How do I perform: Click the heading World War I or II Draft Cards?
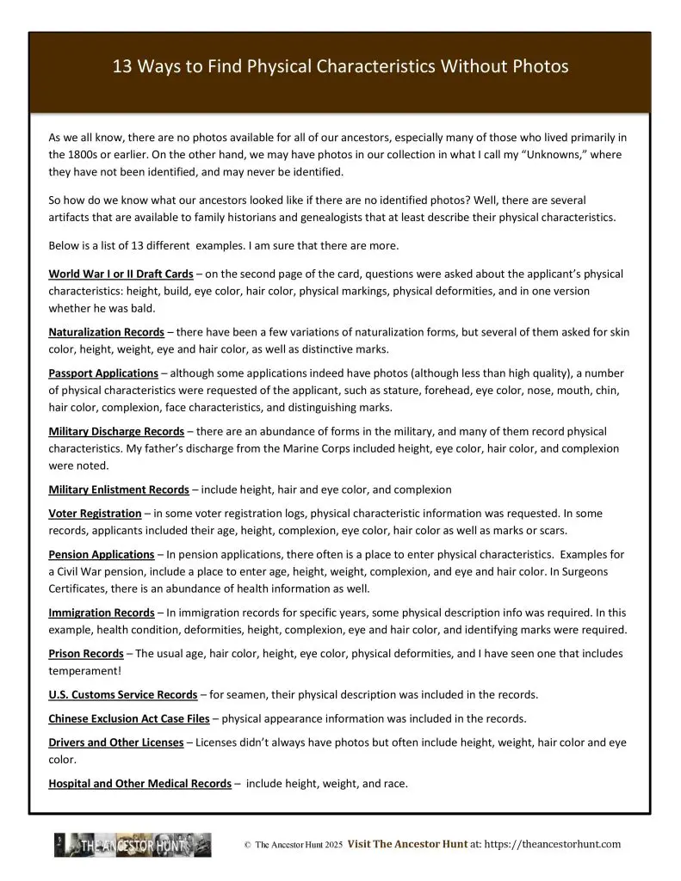pos(121,274)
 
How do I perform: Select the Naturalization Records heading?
pos(107,332)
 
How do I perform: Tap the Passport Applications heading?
pos(103,373)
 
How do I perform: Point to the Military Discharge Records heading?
pos(116,431)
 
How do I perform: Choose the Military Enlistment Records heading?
pos(119,490)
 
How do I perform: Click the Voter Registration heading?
pos(95,514)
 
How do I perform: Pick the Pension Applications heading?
pos(102,554)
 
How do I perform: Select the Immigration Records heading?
pos(102,613)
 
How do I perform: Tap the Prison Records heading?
pos(86,654)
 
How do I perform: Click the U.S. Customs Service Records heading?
pos(123,694)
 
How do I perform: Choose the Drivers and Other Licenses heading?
pos(116,742)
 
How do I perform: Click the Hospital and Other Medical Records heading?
pos(140,783)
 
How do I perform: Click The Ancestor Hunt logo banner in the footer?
pos(133,845)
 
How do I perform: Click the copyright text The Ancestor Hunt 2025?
pos(293,845)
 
